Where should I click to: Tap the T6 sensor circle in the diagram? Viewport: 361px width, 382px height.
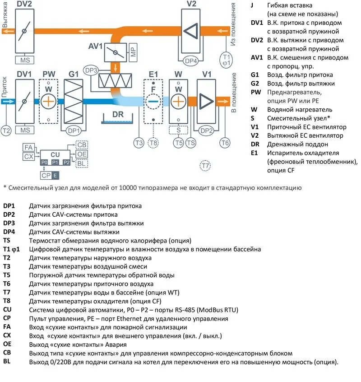pos(225,143)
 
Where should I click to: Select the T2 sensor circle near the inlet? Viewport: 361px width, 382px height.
pos(6,130)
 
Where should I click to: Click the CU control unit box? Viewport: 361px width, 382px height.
pos(55,154)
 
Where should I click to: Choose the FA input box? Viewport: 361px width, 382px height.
pos(28,147)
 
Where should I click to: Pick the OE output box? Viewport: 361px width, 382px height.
pos(82,154)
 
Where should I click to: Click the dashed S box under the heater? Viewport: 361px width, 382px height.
pos(179,130)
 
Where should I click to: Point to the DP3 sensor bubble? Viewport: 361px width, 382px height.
pos(91,70)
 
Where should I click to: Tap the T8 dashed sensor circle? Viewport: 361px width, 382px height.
pos(154,143)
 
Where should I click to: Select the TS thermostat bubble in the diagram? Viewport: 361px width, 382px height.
pos(191,143)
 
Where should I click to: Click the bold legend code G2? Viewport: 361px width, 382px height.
pos(255,84)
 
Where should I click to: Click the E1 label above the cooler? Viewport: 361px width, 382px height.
pos(153,74)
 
